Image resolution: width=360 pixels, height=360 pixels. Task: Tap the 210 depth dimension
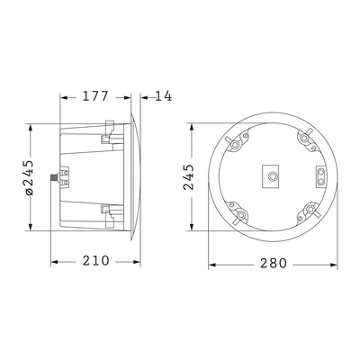point(94,261)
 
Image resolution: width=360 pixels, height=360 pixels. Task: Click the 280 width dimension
point(273,265)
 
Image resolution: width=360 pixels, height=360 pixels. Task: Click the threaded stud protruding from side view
point(55,177)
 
